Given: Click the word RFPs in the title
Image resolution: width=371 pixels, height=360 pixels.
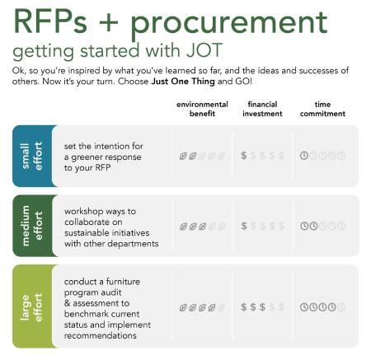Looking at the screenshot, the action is (x=50, y=21).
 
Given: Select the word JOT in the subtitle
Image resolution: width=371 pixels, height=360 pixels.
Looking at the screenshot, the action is (x=204, y=50).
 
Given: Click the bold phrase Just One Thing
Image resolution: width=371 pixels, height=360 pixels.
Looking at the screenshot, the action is (x=183, y=82).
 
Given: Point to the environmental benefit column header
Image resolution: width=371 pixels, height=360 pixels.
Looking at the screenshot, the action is (x=202, y=109).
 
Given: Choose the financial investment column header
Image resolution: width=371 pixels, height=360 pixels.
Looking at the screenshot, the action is (x=262, y=109).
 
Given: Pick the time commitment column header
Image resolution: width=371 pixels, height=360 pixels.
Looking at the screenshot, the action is (x=322, y=109).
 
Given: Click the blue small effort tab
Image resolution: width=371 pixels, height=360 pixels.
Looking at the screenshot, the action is (x=33, y=156).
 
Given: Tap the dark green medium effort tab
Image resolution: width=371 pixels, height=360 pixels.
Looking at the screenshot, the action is (x=33, y=226).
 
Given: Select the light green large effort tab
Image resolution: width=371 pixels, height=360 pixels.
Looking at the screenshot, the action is (x=33, y=306).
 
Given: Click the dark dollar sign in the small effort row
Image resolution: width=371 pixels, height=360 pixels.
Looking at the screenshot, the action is (x=243, y=156).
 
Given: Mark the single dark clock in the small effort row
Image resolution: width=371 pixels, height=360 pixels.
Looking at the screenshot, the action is (x=303, y=156).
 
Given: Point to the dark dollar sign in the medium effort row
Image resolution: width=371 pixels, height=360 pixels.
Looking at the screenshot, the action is (x=243, y=226).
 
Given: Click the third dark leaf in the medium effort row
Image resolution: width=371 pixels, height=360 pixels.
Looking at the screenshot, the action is (x=203, y=227).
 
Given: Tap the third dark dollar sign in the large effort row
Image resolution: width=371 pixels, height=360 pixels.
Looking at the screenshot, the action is (x=262, y=307).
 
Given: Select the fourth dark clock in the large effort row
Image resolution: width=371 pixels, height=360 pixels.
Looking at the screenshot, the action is (x=332, y=307).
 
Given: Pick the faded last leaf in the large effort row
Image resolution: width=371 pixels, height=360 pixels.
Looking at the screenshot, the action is (x=222, y=307).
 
